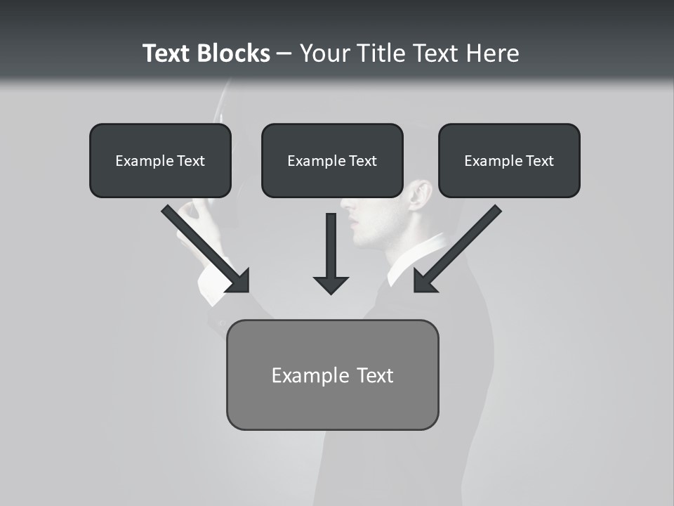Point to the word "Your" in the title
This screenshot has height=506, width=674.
click(x=324, y=53)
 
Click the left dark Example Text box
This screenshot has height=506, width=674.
click(x=160, y=160)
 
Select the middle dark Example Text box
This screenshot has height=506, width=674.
click(x=332, y=160)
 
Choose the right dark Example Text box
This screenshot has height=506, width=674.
click(x=509, y=160)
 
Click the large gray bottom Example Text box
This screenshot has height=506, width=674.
click(x=332, y=375)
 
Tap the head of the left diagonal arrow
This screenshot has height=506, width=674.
click(x=239, y=281)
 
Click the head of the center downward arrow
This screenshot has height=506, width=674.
click(x=331, y=285)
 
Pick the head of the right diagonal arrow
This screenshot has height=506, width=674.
click(x=424, y=281)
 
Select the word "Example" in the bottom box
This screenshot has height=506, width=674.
click(x=303, y=375)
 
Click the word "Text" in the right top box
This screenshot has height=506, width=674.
click(x=539, y=161)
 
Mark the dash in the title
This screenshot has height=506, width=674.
click(x=284, y=54)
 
